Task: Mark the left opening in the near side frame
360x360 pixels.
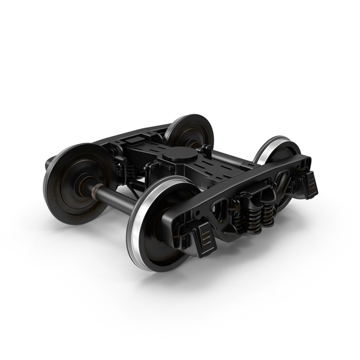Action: tap(220, 210)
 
